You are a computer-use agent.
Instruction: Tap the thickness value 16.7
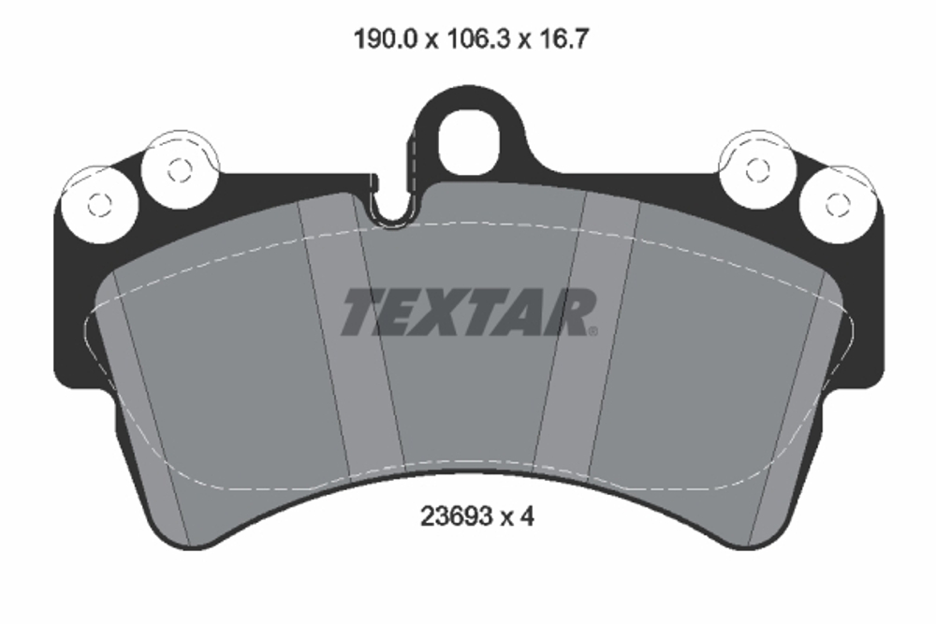coord(561,40)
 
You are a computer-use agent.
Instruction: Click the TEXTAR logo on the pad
coord(468,312)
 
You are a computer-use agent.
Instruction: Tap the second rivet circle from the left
coord(179,169)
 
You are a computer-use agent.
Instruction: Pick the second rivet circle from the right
coord(756,169)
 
